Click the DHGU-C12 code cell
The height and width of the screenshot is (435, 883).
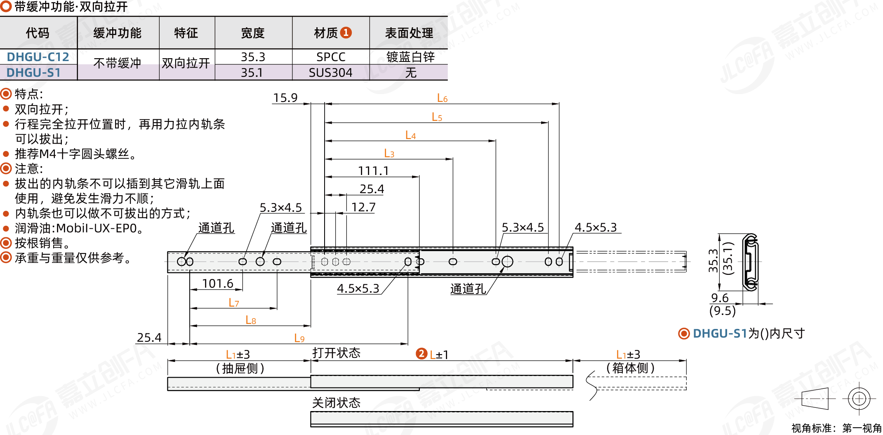(x=38, y=57)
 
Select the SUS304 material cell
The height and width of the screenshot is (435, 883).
(x=331, y=73)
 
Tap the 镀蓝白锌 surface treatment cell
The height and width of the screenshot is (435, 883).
(x=410, y=57)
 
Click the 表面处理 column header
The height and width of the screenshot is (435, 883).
(x=409, y=33)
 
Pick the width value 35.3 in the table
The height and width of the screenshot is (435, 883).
(x=253, y=57)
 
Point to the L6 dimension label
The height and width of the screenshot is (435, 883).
(x=442, y=98)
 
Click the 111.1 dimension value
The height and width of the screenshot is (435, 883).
(x=373, y=171)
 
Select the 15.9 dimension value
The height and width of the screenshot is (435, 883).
(x=285, y=98)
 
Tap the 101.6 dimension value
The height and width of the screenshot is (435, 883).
(x=217, y=284)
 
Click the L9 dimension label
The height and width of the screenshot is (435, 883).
(x=299, y=338)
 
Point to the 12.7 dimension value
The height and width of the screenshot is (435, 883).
(x=363, y=207)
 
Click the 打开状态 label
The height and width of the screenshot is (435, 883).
(x=336, y=353)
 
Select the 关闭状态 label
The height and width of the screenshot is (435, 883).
(x=336, y=402)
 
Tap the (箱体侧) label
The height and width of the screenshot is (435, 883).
(x=630, y=368)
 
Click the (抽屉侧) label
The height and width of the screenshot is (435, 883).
(x=240, y=368)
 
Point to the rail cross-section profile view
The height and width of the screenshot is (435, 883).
(x=750, y=262)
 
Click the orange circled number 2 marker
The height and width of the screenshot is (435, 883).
(x=421, y=354)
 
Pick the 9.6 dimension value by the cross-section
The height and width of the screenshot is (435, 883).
(x=720, y=298)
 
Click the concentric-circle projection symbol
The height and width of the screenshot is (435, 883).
(x=859, y=399)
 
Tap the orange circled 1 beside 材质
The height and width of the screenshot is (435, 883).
(x=346, y=33)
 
